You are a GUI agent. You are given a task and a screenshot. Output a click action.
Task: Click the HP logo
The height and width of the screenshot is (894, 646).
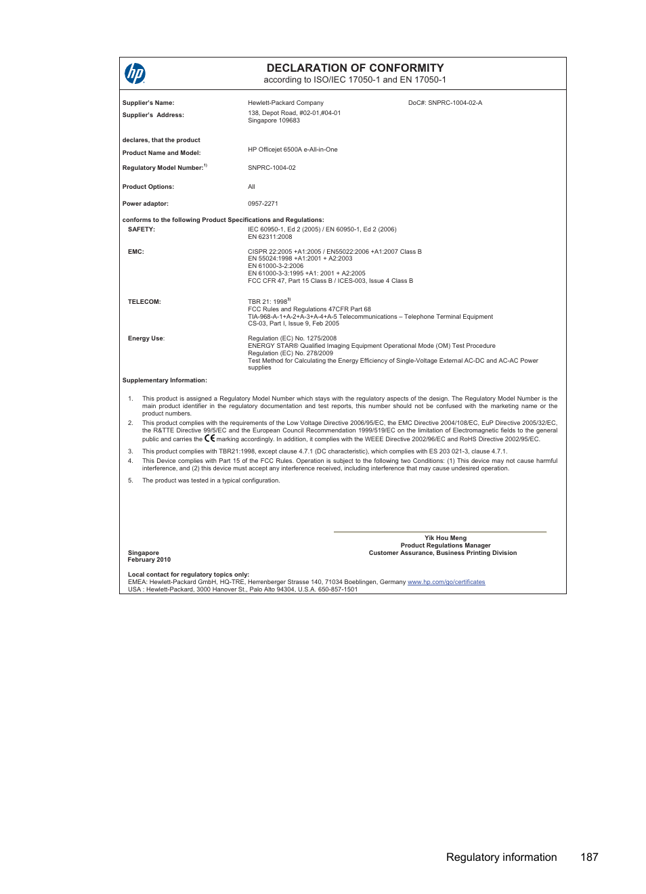135,73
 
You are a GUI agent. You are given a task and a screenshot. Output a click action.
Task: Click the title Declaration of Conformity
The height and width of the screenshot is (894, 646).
355,68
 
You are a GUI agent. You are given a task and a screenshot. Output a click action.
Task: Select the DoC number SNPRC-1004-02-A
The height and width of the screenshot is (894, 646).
445,103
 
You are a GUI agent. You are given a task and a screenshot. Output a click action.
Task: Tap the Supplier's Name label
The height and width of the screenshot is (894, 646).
148,103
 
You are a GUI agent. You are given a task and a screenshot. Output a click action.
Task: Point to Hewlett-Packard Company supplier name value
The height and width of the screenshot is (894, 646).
286,103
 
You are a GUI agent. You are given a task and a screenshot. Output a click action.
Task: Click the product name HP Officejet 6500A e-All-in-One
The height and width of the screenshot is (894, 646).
293,150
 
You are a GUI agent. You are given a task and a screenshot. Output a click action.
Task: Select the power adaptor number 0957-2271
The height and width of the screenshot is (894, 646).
263,204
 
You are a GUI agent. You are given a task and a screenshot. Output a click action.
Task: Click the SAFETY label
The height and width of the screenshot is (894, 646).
142,229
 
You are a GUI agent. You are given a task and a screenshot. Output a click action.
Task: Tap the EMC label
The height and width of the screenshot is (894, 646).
136,252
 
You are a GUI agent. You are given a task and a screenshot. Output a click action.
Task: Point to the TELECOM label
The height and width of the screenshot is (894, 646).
144,302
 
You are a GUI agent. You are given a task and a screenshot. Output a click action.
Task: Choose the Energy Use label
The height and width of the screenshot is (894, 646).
146,338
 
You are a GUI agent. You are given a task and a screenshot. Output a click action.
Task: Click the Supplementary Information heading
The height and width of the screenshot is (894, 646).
165,380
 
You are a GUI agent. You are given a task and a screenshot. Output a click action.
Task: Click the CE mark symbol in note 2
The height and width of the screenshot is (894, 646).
210,439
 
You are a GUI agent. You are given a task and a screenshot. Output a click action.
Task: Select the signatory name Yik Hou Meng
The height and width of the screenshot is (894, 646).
446,538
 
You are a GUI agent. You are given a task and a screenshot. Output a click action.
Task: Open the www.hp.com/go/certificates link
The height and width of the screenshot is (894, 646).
446,582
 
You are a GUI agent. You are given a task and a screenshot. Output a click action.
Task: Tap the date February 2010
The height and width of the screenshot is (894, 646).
149,560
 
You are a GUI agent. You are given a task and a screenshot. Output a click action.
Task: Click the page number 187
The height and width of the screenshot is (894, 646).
589,857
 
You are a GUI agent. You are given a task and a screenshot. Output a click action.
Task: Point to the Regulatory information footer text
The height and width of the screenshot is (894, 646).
501,857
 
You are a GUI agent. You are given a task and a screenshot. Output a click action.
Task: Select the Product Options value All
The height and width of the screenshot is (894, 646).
251,187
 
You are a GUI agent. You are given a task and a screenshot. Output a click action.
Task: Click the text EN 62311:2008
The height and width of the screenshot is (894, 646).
270,237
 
